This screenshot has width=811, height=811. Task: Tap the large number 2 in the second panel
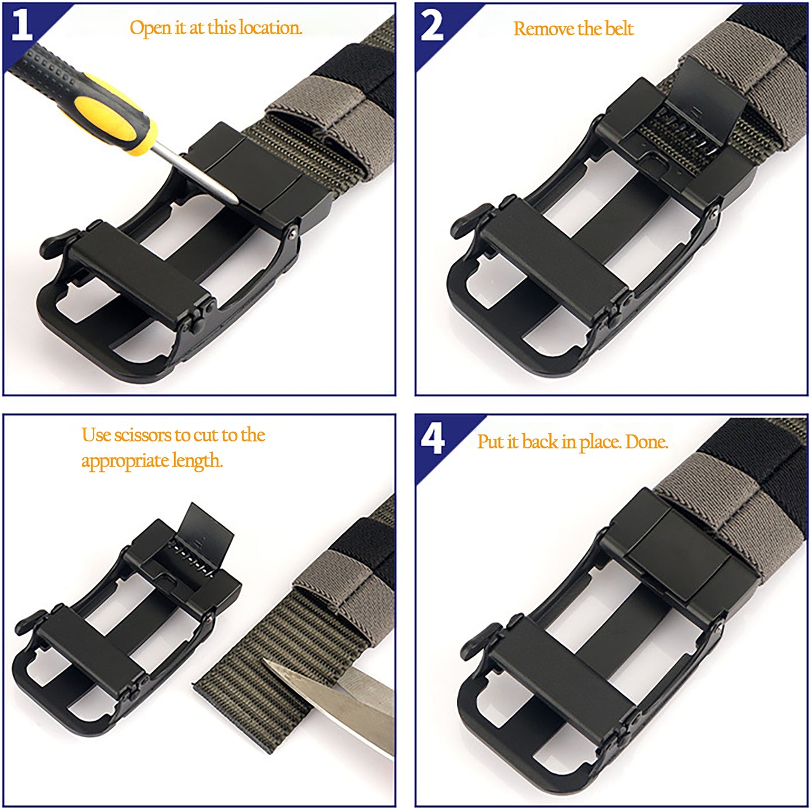tap(432, 25)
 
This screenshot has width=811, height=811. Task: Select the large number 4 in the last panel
tap(432, 438)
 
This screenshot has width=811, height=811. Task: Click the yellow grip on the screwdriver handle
tap(112, 113)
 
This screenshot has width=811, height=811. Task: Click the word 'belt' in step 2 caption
tap(619, 29)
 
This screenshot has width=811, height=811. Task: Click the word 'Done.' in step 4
tap(647, 442)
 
